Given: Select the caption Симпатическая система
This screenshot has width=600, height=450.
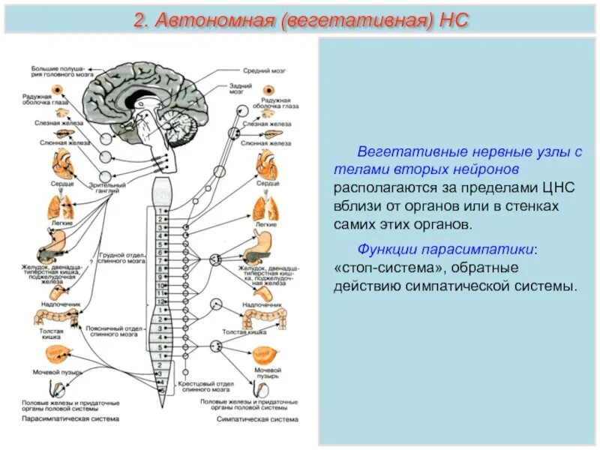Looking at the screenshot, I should [247, 418].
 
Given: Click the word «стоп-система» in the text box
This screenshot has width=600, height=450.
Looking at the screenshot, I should [383, 268].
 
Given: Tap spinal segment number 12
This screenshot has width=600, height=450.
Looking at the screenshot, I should [160, 296].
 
